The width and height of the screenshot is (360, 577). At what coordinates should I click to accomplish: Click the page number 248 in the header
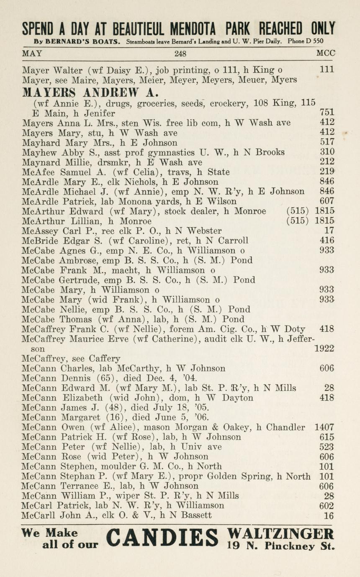(180, 54)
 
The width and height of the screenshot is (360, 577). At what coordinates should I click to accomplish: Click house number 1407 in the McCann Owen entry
(324, 428)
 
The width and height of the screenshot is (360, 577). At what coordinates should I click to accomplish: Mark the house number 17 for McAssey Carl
(329, 231)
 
